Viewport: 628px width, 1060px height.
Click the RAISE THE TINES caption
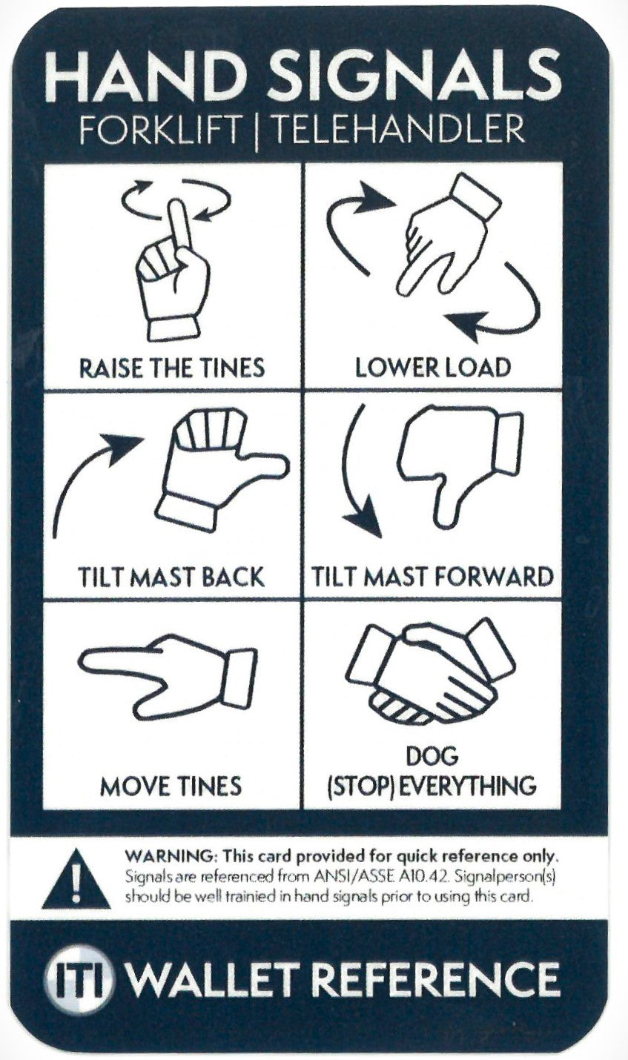click(172, 367)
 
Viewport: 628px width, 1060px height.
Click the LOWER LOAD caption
click(432, 367)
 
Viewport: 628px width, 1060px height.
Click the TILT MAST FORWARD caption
click(432, 577)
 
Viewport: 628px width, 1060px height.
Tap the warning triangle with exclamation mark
click(76, 880)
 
